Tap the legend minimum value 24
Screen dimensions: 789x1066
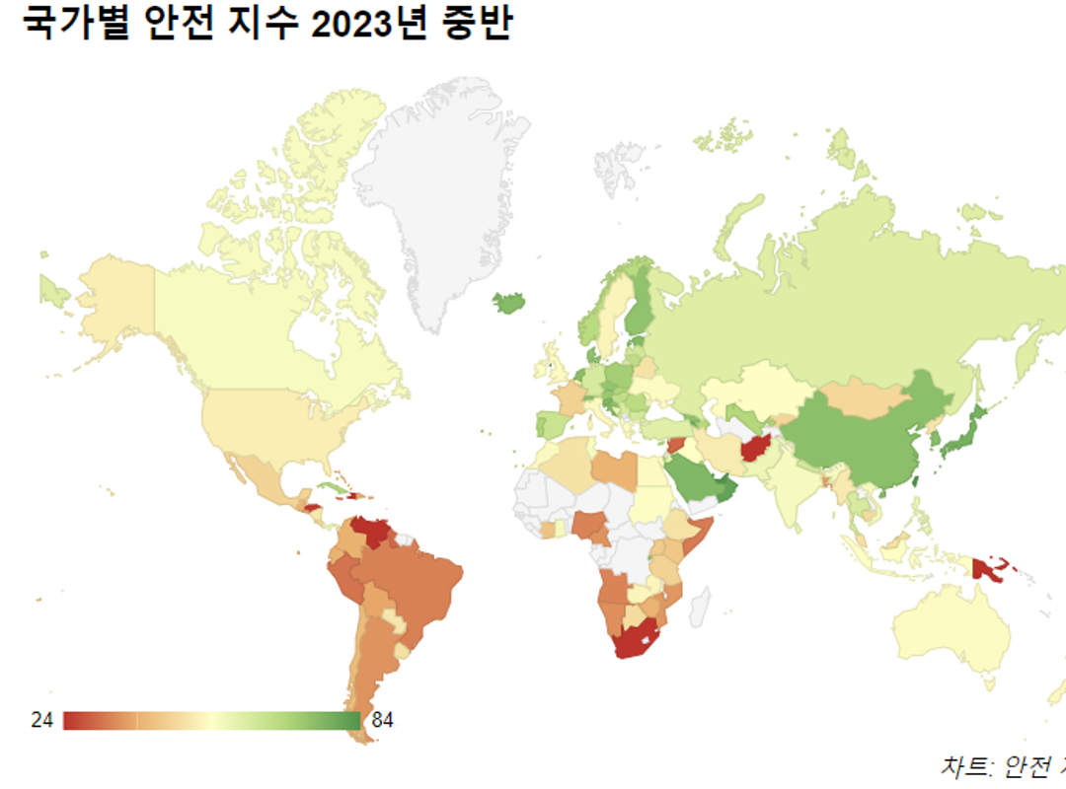(41, 720)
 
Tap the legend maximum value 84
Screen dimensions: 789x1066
(382, 720)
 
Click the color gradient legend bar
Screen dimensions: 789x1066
(211, 721)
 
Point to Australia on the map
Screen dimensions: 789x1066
(952, 631)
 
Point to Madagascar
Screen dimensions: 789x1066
(699, 606)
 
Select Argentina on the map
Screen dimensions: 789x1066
(370, 671)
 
